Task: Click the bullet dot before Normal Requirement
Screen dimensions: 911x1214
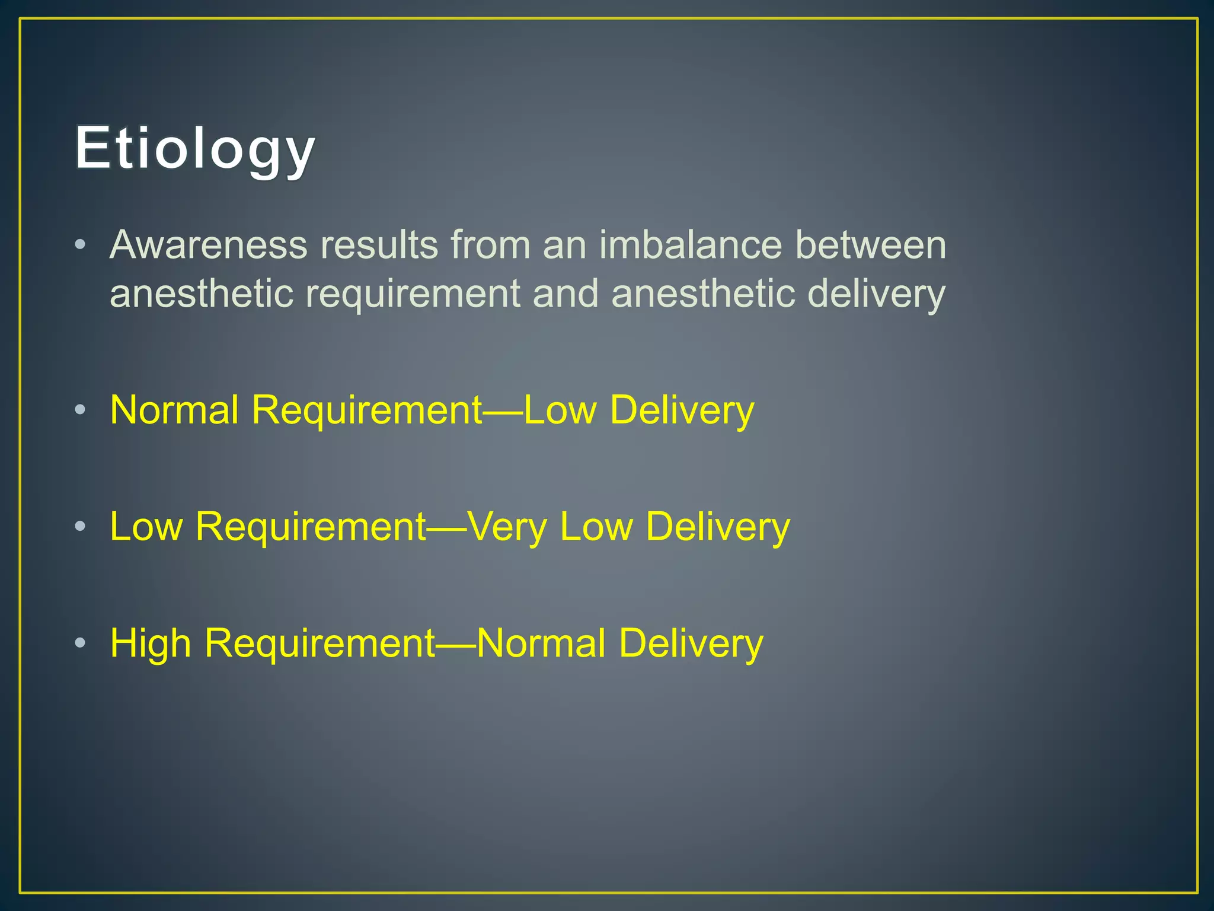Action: coord(81,409)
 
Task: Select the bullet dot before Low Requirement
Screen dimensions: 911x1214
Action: coord(81,526)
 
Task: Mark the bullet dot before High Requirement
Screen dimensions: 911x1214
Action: coord(81,643)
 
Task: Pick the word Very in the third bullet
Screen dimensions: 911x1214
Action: coord(507,526)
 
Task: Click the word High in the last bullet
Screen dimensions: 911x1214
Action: coord(151,643)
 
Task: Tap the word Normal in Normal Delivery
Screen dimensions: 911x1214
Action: coord(541,643)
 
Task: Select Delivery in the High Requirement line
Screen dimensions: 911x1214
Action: coord(691,643)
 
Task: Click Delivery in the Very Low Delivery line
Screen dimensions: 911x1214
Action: coord(718,526)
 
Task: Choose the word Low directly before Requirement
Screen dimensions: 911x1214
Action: coord(146,526)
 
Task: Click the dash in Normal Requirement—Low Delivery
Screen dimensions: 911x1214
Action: coord(503,410)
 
